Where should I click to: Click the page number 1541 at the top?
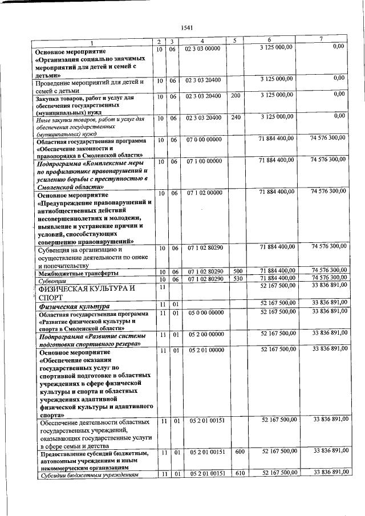coord(186,27)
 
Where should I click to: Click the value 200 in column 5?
coord(236,96)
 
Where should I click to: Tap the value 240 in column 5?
coord(236,117)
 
